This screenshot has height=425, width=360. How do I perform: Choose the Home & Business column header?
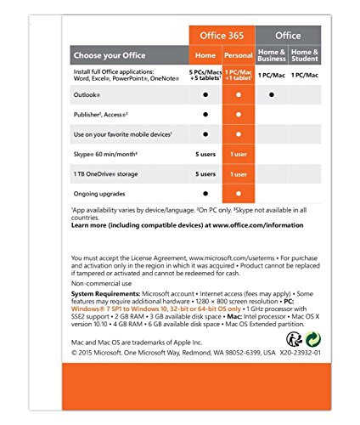tap(272, 55)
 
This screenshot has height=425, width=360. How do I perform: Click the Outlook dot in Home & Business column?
tap(272, 94)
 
